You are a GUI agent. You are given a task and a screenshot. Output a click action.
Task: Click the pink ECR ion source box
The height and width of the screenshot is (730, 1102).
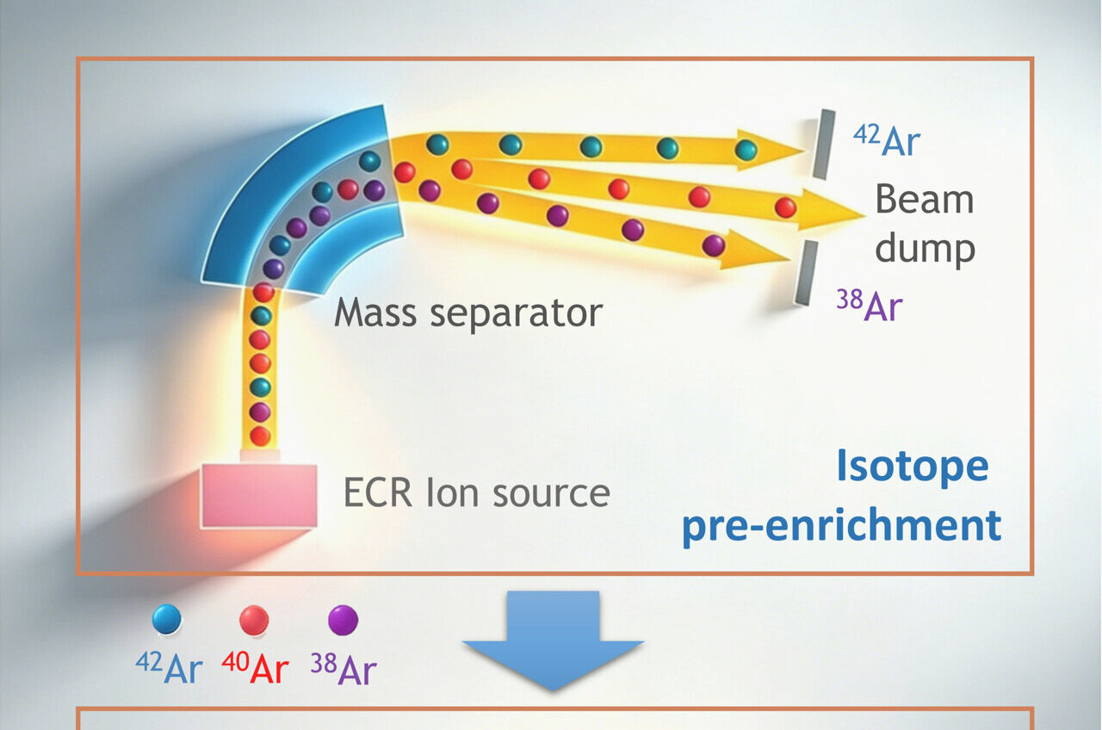pos(258,495)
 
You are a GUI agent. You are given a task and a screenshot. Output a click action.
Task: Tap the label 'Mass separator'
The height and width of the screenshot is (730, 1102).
pos(467,312)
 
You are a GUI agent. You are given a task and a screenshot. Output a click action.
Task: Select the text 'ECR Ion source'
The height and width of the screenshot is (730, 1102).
pos(476,492)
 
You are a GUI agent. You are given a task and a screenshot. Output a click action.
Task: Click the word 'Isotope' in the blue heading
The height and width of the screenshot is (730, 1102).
pos(912,467)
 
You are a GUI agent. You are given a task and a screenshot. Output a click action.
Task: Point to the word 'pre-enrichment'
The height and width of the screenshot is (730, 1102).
pos(841,525)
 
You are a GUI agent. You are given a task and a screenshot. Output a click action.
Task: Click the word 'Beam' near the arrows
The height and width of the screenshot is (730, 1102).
pos(924,200)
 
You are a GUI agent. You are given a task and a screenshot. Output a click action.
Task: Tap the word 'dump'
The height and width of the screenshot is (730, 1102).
pos(926,250)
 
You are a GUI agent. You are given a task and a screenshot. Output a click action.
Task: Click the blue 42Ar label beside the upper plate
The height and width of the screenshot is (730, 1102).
pos(886,141)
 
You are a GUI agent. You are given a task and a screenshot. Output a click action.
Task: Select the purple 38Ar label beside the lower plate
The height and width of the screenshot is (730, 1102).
pos(869,306)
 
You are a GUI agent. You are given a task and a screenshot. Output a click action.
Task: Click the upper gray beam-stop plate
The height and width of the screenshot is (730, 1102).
pos(825,144)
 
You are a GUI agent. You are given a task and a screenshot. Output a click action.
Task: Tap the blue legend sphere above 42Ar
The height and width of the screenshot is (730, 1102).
pos(166,619)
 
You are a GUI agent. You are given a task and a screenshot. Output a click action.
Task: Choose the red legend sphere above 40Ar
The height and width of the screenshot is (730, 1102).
pos(254,620)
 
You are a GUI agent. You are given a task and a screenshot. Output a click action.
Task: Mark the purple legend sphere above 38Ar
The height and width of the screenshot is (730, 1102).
pos(343,620)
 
